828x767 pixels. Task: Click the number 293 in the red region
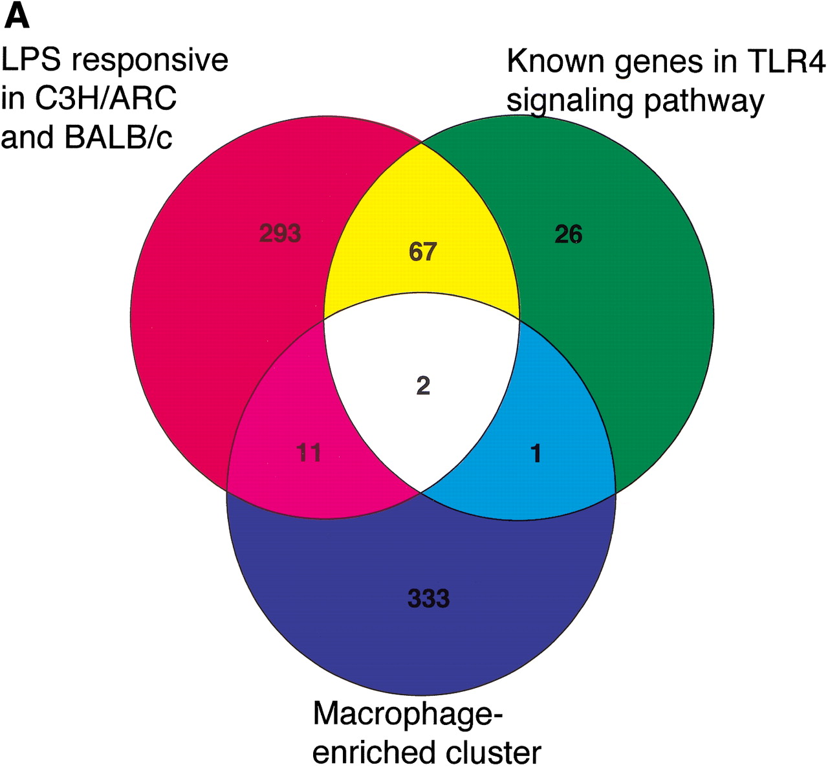tap(280, 233)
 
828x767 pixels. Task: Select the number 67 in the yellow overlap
tap(422, 251)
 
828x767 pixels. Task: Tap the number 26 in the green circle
tap(569, 234)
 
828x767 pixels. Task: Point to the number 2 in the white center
tap(423, 386)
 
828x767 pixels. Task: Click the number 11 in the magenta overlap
tap(309, 452)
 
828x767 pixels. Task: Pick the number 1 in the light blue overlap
tap(536, 454)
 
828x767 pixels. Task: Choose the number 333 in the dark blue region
tap(428, 598)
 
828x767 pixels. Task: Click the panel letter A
tap(17, 17)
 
